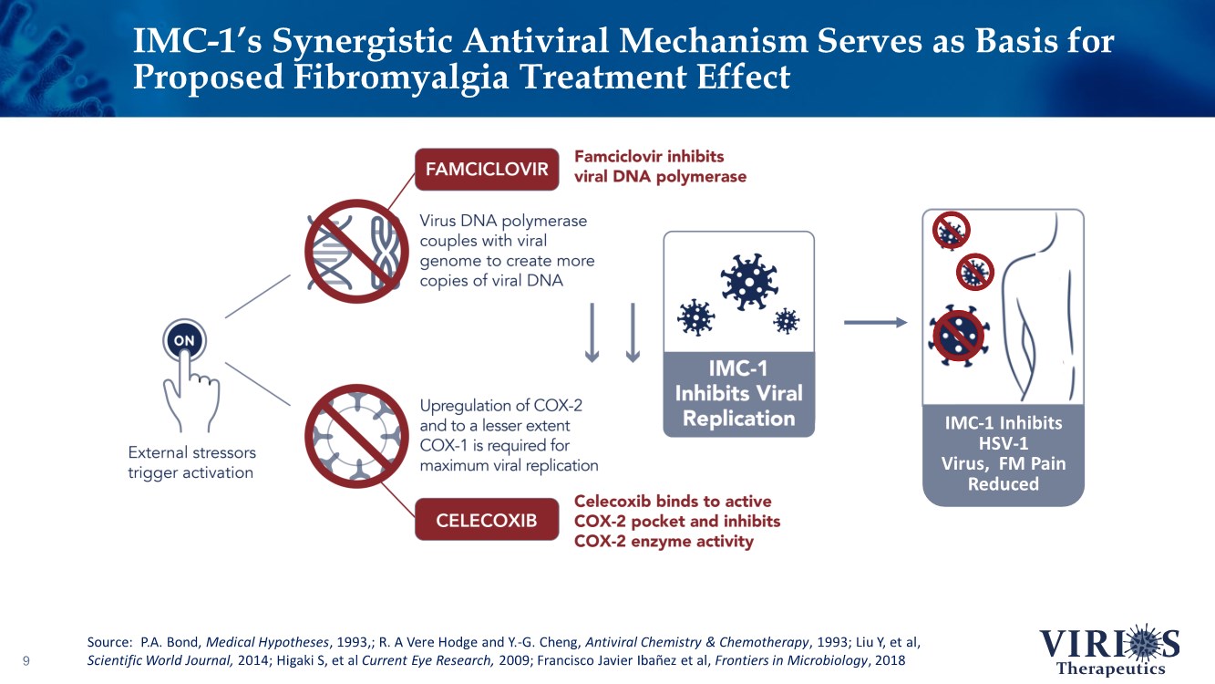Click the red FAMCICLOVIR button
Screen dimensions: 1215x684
(487, 170)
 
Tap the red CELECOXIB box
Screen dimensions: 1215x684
(487, 520)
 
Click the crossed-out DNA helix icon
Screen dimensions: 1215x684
(355, 252)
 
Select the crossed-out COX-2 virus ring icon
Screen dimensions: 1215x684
(355, 437)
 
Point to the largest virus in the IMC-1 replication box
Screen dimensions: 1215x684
(749, 281)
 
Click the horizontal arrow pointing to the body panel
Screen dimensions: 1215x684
(875, 323)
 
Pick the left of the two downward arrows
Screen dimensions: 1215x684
(592, 332)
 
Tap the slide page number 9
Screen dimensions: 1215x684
(26, 660)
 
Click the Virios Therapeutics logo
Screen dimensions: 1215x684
(1109, 649)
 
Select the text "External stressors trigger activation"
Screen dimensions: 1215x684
(191, 462)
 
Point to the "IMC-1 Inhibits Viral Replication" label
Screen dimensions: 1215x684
(739, 394)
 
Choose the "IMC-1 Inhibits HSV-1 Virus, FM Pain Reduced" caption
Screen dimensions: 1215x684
(1004, 453)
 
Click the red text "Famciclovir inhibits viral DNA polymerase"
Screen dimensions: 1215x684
(660, 167)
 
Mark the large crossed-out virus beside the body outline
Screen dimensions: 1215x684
(959, 336)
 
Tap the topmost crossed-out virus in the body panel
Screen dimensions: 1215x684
(952, 230)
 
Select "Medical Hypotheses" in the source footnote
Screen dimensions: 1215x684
(267, 642)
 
